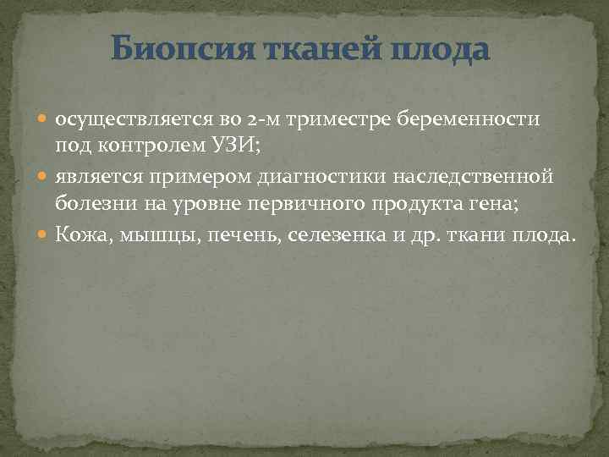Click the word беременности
(x=464, y=119)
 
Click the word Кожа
(x=80, y=234)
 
